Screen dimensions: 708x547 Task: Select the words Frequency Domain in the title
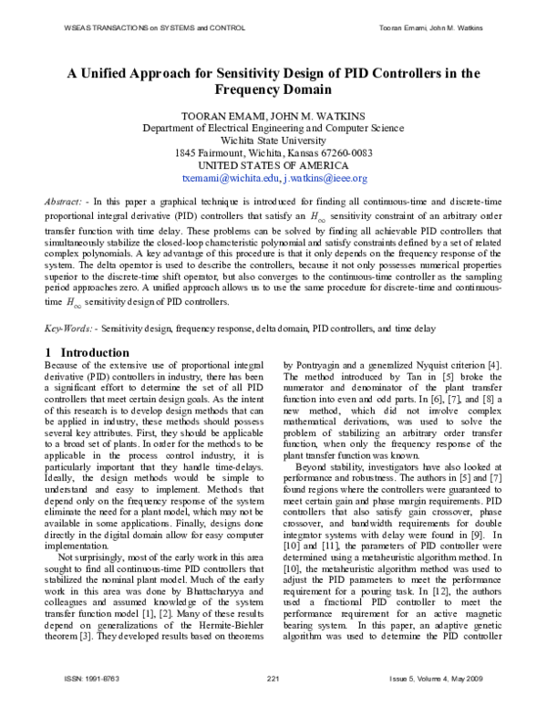[273, 91]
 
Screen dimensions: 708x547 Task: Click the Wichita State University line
[273, 141]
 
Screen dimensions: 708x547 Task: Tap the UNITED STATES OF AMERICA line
[273, 166]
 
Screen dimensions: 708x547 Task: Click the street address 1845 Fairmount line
[273, 153]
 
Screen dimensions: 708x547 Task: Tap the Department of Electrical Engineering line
[273, 129]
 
